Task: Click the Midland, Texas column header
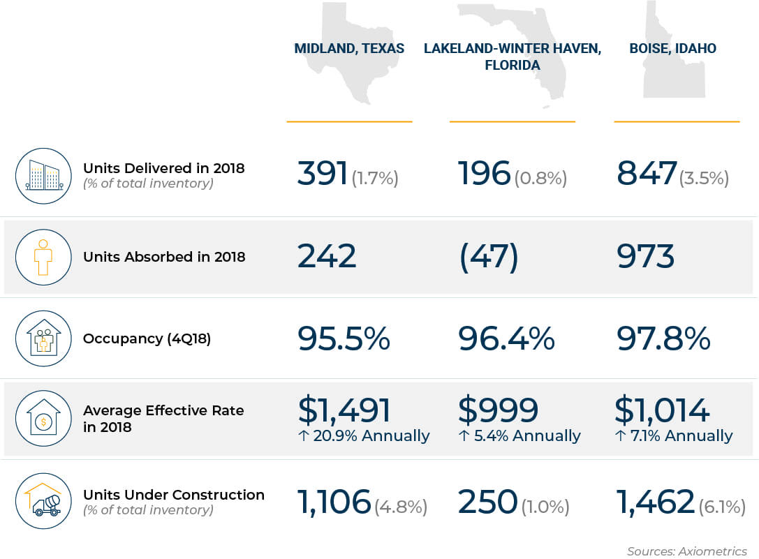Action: (x=349, y=49)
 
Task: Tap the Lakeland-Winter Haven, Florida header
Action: (x=512, y=57)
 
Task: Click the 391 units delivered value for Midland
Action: (x=323, y=174)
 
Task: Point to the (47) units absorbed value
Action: (x=489, y=257)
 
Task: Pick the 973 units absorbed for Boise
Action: (x=646, y=257)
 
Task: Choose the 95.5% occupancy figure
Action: (x=344, y=338)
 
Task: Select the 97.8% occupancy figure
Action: (x=663, y=338)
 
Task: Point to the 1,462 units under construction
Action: (x=656, y=502)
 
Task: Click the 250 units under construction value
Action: (x=488, y=502)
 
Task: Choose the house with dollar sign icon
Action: (x=43, y=419)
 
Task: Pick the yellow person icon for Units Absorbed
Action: (x=43, y=258)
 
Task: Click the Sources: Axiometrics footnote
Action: (x=686, y=551)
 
